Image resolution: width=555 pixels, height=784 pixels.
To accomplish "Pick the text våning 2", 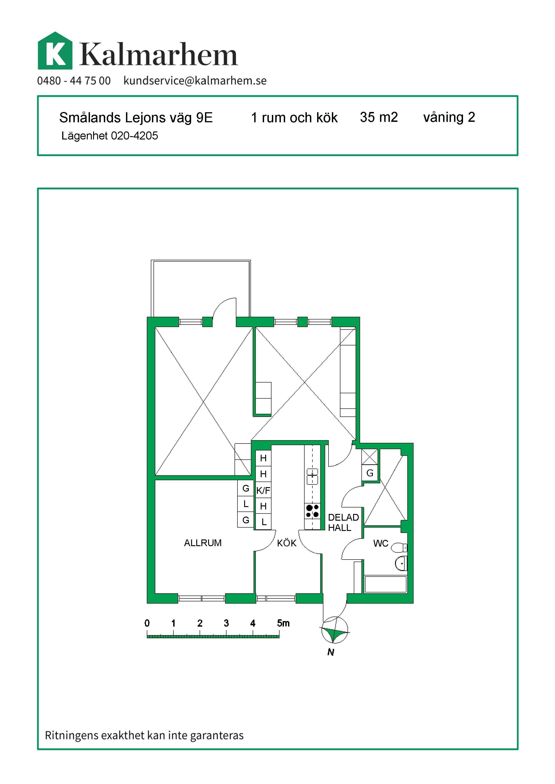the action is coord(449,117).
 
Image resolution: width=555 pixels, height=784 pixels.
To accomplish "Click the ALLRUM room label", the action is coord(203,543).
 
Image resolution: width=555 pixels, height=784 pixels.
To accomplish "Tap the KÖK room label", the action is coord(287,543).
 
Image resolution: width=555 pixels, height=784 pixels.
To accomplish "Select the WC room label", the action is coord(381,543).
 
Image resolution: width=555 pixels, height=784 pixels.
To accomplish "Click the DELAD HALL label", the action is coord(343,522).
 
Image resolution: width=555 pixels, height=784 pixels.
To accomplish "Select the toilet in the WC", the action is coord(399,548).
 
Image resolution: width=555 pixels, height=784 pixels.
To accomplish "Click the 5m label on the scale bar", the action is coord(283,623).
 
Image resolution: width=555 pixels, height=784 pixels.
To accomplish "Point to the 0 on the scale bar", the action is coord(147,623).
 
